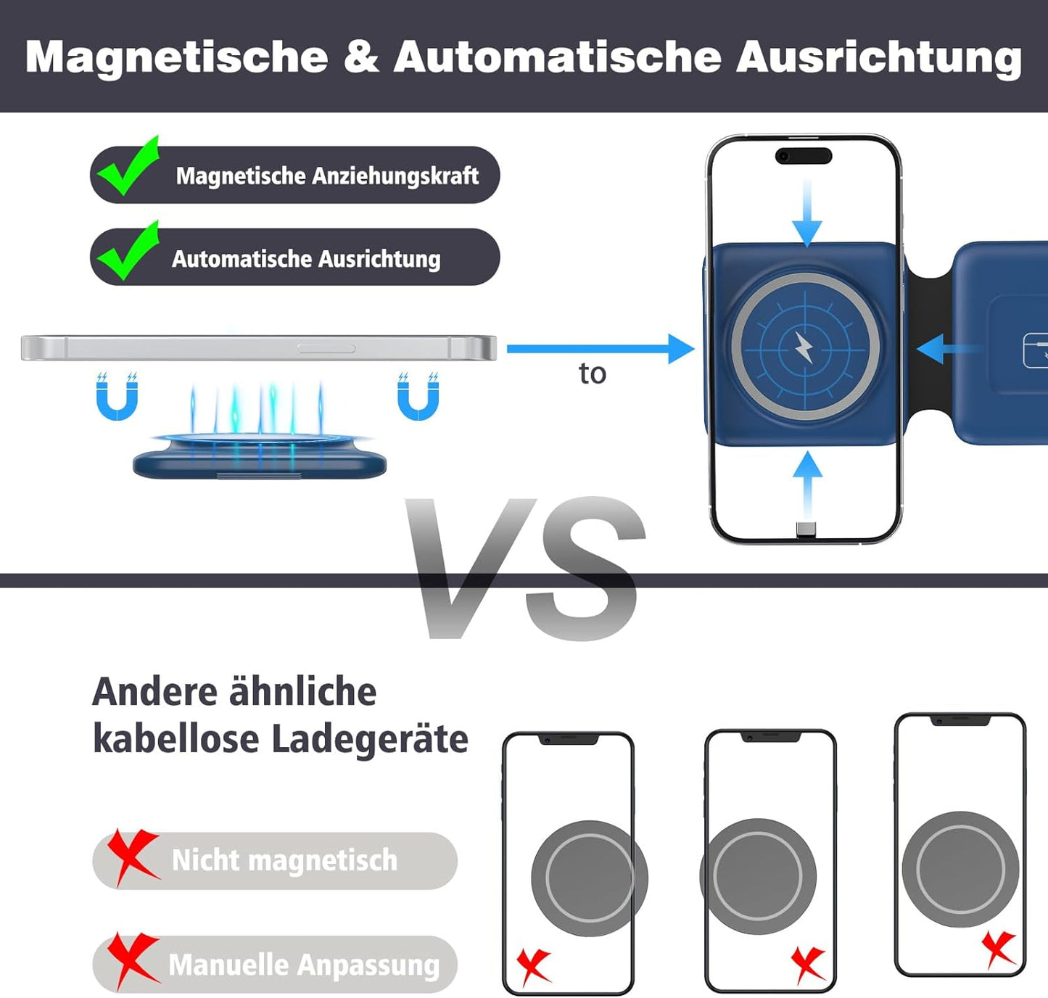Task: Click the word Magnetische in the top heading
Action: click(176, 57)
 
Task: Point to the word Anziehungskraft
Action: click(395, 176)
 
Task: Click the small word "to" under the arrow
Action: click(593, 374)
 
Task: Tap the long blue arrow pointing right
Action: click(601, 349)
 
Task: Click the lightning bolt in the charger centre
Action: click(804, 347)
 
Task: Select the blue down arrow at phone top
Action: click(807, 213)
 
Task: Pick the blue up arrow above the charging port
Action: click(808, 486)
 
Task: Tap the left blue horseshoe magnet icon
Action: click(117, 397)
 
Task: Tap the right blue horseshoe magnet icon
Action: click(418, 397)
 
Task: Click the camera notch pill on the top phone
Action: click(803, 156)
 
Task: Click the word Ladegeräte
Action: click(370, 741)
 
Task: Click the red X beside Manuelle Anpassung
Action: click(132, 961)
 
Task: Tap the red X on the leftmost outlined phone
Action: click(534, 967)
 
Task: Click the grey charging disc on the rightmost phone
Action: click(960, 870)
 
